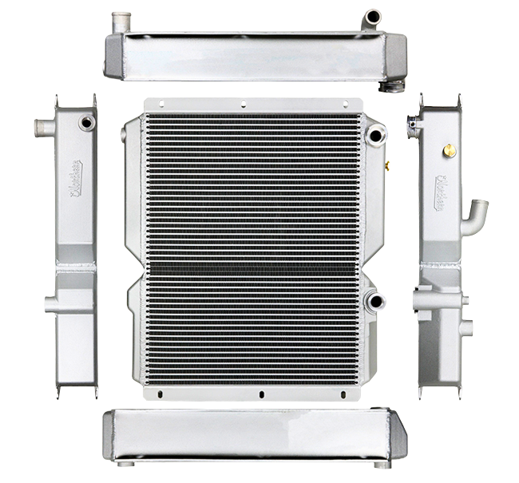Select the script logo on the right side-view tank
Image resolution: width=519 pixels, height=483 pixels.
click(442, 192)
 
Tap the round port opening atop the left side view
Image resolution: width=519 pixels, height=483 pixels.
click(83, 124)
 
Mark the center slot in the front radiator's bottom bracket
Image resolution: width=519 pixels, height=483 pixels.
click(260, 394)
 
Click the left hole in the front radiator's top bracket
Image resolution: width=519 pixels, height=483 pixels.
click(163, 101)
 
